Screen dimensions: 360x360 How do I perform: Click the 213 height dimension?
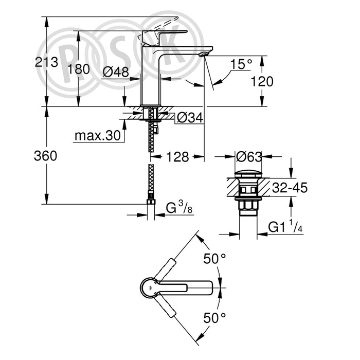(x=46, y=62)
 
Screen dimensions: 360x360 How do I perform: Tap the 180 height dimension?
(x=79, y=69)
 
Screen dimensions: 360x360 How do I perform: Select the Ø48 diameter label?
(x=116, y=73)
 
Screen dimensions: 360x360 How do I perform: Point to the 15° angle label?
(x=241, y=64)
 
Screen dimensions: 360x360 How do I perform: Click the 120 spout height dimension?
(x=262, y=81)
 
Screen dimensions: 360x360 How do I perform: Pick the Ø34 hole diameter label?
(x=190, y=118)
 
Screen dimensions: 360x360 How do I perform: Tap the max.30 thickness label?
(x=98, y=136)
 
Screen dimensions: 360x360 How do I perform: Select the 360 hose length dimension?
(x=45, y=156)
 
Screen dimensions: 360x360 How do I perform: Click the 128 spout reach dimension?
(x=177, y=157)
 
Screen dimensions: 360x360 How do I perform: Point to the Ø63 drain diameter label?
(x=249, y=157)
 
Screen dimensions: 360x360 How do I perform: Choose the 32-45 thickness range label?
(x=290, y=188)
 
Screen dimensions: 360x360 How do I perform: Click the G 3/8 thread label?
(x=179, y=208)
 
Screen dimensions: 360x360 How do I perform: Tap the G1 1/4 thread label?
(x=285, y=227)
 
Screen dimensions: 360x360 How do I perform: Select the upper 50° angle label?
(x=214, y=259)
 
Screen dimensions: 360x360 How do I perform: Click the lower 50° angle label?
(x=214, y=318)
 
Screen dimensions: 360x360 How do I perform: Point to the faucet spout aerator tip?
(x=204, y=54)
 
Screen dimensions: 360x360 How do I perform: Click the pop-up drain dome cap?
(x=248, y=174)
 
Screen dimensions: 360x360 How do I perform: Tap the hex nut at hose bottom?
(x=151, y=202)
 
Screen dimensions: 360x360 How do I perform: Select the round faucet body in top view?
(x=149, y=288)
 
